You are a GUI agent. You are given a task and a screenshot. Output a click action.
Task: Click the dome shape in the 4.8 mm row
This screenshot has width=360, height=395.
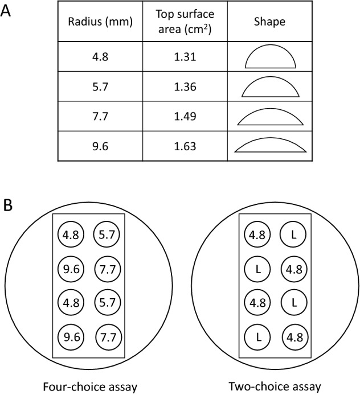tap(270, 57)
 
